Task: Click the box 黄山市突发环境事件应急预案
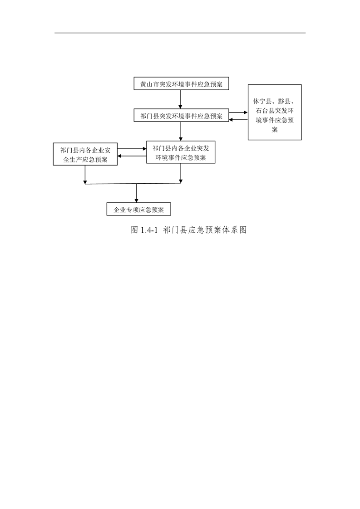tap(181, 83)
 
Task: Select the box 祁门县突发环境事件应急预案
tap(181, 116)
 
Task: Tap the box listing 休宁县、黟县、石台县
tap(275, 113)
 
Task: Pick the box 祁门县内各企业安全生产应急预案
tap(85, 154)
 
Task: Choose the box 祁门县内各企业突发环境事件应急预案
tap(181, 152)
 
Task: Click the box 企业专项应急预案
tap(139, 210)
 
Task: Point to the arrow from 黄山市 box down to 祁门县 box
tap(180, 99)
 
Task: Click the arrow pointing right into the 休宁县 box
tap(238, 113)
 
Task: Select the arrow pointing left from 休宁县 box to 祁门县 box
tap(238, 120)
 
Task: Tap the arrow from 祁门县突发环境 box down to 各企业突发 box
tap(181, 132)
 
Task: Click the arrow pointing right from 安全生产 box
tap(132, 149)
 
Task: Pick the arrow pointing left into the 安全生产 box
tap(132, 157)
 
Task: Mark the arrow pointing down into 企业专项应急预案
tap(136, 193)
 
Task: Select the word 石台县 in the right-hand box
tap(266, 111)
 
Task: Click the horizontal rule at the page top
tap(180, 33)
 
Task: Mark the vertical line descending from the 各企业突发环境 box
tap(181, 173)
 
